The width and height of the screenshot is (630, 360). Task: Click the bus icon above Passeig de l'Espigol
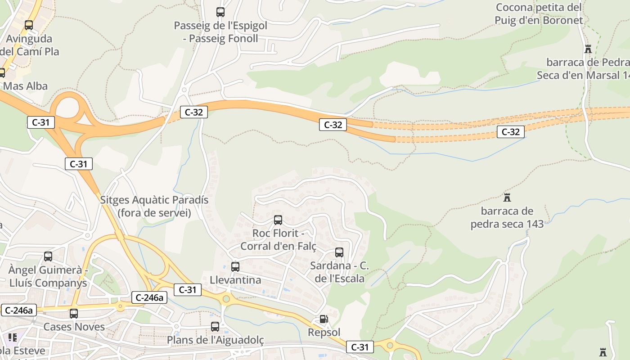[220, 12]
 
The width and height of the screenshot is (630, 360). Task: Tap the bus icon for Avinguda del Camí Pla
[29, 25]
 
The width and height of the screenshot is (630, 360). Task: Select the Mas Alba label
[25, 86]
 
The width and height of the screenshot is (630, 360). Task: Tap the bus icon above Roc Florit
[278, 220]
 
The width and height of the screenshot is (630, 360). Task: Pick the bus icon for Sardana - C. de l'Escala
[339, 252]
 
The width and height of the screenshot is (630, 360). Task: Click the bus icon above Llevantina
[235, 267]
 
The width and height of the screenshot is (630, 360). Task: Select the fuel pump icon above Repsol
[324, 319]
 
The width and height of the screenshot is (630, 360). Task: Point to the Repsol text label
[324, 332]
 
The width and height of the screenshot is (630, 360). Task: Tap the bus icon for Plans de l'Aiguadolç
[215, 327]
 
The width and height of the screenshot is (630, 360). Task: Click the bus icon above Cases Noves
[74, 314]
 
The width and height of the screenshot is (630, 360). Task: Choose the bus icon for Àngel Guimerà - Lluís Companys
[48, 256]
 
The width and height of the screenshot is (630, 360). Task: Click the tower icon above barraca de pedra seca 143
[507, 197]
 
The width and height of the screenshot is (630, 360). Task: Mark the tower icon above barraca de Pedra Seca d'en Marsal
[588, 49]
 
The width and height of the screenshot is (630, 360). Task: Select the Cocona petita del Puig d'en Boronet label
[539, 13]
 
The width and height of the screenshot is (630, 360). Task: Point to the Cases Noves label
[74, 327]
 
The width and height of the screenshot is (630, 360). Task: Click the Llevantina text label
[235, 280]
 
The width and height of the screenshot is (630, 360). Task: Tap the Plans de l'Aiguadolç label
[215, 340]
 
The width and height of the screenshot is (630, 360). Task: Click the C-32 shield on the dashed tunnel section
[510, 132]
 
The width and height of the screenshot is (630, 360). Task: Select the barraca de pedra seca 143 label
[507, 217]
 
